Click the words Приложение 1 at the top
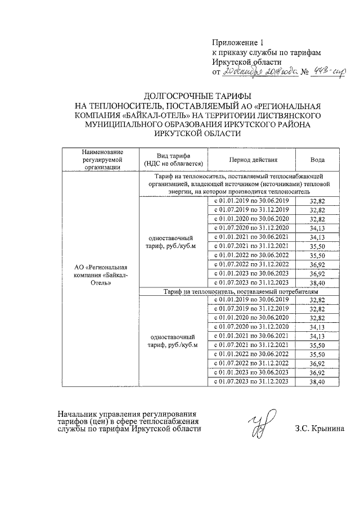pyautogui.click(x=237, y=43)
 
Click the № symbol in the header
pyautogui.click(x=306, y=72)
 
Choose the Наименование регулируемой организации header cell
pyautogui.click(x=101, y=159)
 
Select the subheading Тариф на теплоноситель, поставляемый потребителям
pyautogui.click(x=241, y=292)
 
